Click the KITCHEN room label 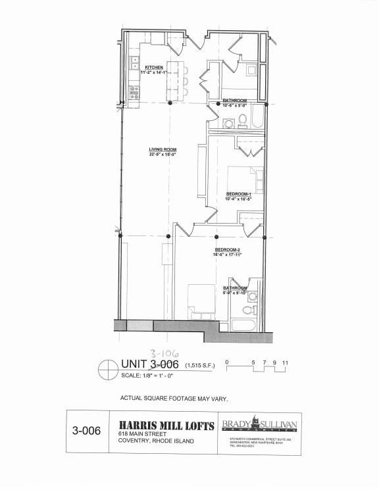[x=154, y=67]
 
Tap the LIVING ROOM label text [x=162, y=149]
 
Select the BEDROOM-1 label [x=239, y=194]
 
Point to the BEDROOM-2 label [x=227, y=250]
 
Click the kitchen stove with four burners [x=134, y=92]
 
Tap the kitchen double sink [x=134, y=64]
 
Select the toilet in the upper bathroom [x=242, y=120]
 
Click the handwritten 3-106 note [x=164, y=354]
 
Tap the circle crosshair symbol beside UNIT [x=107, y=370]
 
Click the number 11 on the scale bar [x=285, y=362]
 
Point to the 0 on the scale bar [x=227, y=362]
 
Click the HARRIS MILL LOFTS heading [x=166, y=426]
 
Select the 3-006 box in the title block [x=87, y=431]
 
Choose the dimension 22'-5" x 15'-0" [x=162, y=155]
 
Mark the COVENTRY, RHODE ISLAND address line [x=156, y=441]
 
